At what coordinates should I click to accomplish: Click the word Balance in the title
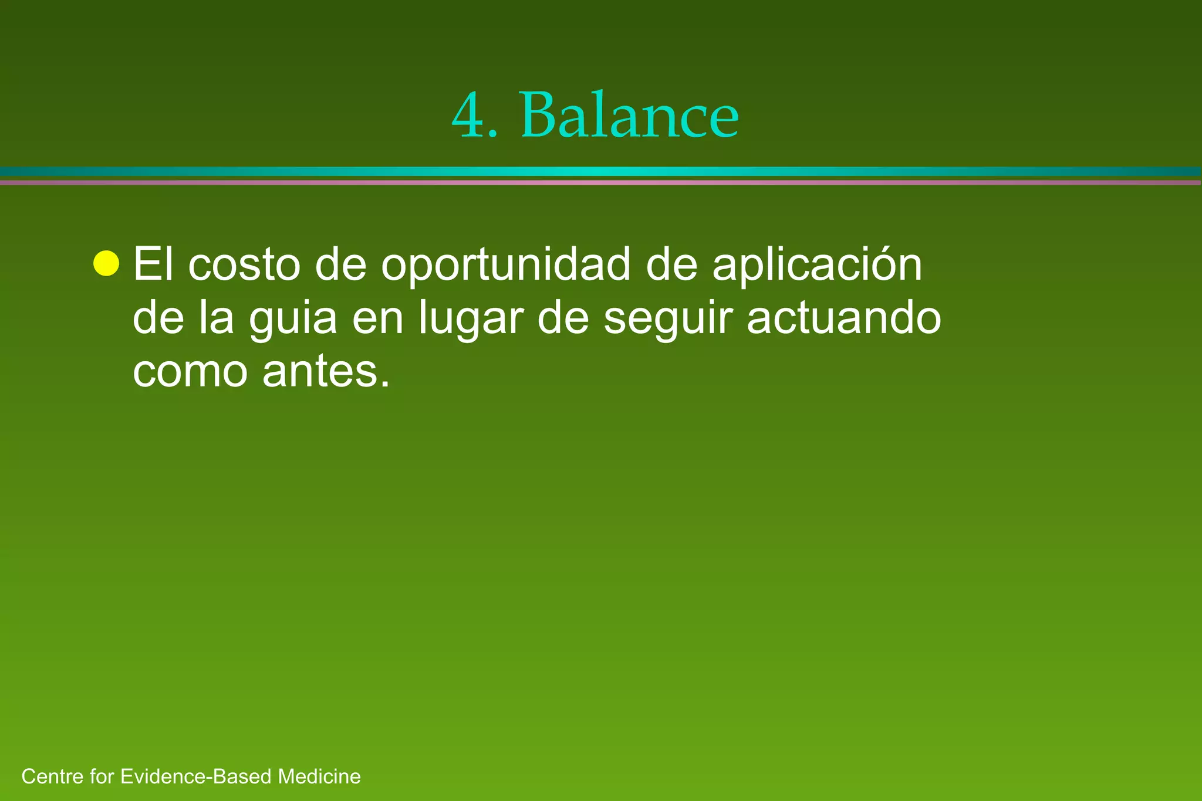(x=629, y=115)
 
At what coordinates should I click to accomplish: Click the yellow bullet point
(x=106, y=263)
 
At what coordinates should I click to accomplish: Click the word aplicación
(x=817, y=264)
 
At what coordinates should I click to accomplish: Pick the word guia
(x=292, y=318)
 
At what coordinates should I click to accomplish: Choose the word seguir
(x=668, y=318)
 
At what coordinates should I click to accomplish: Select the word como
(x=190, y=371)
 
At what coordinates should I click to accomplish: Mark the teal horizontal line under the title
(x=601, y=171)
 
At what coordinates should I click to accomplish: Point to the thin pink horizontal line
(x=601, y=182)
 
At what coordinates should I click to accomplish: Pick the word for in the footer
(x=102, y=776)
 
